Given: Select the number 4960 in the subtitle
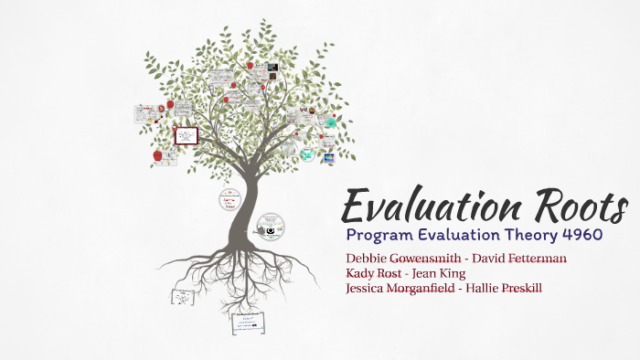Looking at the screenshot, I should (581, 235).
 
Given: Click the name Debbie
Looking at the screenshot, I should (366, 258).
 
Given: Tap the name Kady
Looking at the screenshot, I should (362, 273).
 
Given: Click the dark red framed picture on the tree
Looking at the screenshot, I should (186, 136).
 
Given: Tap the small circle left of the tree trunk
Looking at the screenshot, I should (229, 199).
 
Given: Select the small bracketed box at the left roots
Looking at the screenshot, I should (184, 296).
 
